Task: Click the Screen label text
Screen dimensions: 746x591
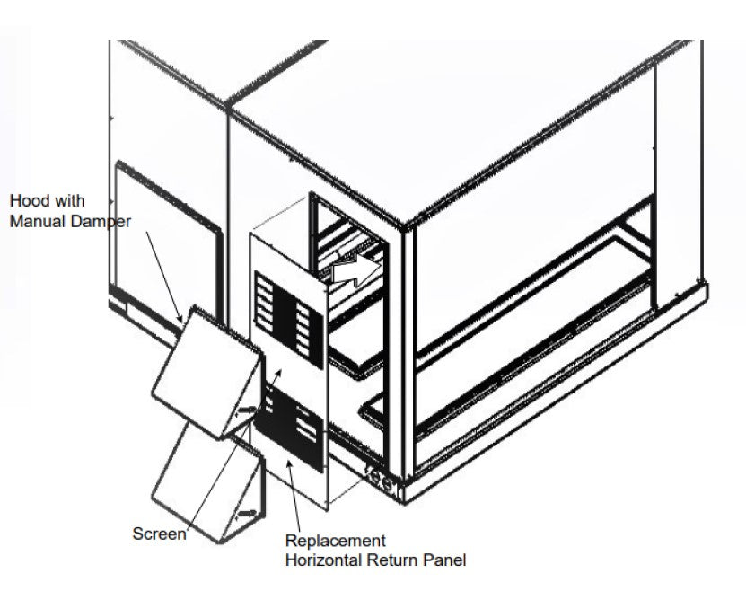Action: tap(160, 534)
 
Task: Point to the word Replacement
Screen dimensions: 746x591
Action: tap(336, 541)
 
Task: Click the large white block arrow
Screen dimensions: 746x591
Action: tap(356, 269)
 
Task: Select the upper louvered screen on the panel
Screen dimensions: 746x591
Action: tap(289, 319)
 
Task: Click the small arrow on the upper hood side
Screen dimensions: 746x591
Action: tap(248, 410)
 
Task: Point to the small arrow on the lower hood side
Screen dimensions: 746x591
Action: tap(248, 513)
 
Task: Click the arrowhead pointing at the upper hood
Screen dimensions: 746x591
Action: tap(180, 318)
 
